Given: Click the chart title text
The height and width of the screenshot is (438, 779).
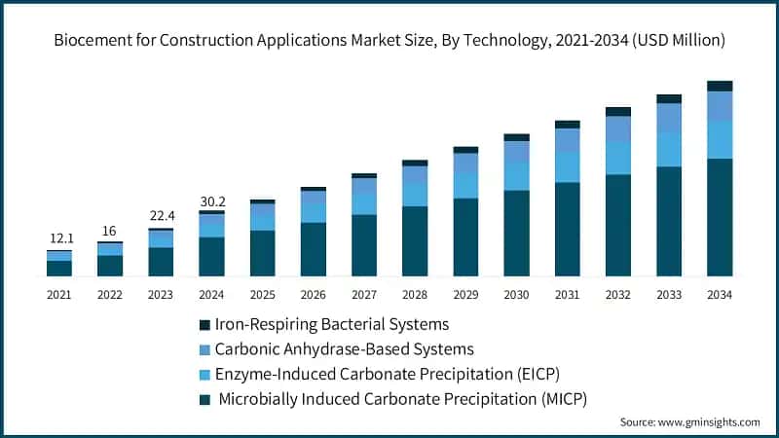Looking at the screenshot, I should [x=389, y=42].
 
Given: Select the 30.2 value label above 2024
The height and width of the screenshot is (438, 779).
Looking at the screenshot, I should [x=211, y=201].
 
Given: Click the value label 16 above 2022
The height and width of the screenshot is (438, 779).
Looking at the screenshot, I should [x=110, y=231].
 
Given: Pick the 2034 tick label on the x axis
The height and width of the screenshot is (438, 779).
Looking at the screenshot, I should [x=720, y=294].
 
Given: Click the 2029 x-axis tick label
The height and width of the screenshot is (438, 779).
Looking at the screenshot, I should [x=465, y=294].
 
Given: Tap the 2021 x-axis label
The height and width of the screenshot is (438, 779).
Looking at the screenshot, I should [x=59, y=294].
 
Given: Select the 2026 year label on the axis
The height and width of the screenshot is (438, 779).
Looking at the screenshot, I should [x=314, y=294].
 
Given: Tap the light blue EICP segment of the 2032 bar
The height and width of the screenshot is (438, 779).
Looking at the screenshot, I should [x=618, y=158].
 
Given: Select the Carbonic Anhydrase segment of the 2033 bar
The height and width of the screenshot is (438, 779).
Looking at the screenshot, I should [x=669, y=117].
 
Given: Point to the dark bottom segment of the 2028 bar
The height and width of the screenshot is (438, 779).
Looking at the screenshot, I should [x=415, y=241].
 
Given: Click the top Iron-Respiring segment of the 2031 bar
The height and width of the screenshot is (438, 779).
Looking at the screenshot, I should [x=568, y=125].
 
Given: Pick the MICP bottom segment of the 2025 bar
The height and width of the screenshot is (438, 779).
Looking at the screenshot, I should [x=263, y=253].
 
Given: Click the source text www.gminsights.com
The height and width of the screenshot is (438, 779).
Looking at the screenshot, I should [x=689, y=422].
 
